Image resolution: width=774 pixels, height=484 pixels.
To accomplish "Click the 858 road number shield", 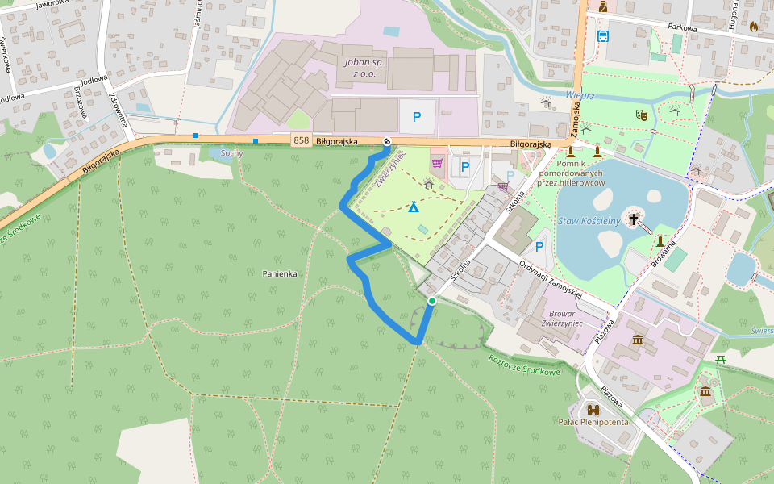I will click(x=302, y=140).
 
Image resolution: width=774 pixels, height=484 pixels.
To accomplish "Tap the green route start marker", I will click(x=432, y=301).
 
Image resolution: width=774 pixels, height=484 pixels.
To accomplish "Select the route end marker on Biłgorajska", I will click(x=387, y=142).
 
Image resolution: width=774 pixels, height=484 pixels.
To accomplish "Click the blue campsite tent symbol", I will click(x=414, y=207).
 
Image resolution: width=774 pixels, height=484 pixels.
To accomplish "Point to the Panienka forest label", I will click(x=280, y=273).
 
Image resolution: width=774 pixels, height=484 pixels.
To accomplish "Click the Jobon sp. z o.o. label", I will click(x=365, y=68).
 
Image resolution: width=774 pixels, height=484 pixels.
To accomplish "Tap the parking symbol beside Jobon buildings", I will click(x=417, y=117).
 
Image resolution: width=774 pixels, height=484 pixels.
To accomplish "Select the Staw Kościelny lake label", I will click(x=588, y=220).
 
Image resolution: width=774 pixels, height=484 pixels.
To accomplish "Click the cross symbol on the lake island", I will click(x=634, y=218).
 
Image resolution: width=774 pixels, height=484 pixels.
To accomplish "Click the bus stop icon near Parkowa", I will click(x=602, y=35).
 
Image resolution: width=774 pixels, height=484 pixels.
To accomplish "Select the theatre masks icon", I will click(x=642, y=115).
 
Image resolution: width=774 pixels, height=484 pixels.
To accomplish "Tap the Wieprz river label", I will click(x=580, y=95).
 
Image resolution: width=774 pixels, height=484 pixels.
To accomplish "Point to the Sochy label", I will click(x=231, y=152).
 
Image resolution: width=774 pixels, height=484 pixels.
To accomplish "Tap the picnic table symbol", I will click(x=721, y=360).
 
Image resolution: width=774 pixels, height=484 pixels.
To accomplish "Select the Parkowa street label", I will click(x=682, y=27).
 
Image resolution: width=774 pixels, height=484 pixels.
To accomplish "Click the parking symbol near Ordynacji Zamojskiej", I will click(x=539, y=247).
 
